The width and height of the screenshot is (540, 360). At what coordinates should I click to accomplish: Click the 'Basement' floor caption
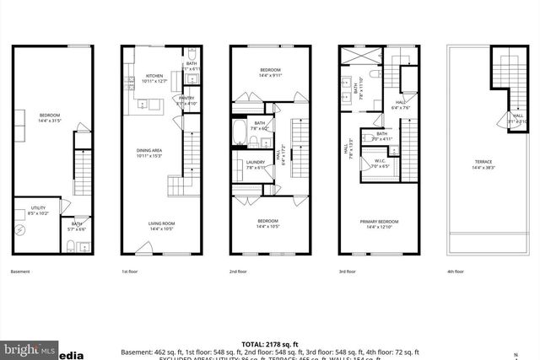click(20, 272)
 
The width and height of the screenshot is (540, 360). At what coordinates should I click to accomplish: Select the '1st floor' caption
click(129, 272)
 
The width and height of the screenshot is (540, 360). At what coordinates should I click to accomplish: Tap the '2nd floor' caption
click(239, 272)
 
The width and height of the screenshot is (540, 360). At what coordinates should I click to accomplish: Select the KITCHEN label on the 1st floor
click(154, 74)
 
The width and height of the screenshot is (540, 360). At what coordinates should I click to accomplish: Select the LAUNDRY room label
click(256, 164)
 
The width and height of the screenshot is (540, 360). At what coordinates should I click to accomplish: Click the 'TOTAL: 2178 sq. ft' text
click(269, 344)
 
